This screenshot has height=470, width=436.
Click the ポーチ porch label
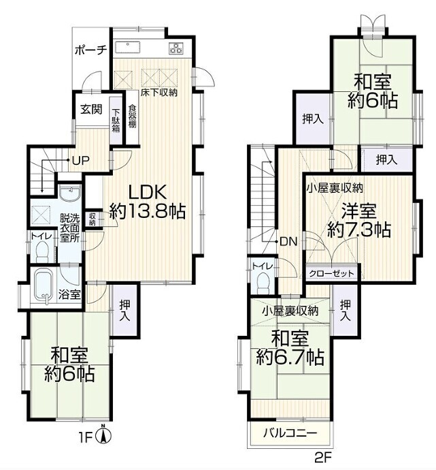coord(90,50)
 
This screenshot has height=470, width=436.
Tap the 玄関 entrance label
coord(91,110)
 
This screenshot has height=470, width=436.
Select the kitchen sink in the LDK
coord(127,48)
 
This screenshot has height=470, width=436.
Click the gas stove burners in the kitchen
coord(176,48)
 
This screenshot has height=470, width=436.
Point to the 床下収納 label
coord(159,93)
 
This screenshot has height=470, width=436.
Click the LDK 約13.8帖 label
coord(147,202)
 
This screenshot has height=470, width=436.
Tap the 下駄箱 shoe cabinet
coord(116,121)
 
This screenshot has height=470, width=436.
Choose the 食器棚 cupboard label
coord(132,116)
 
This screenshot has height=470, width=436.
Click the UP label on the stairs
coord(81,161)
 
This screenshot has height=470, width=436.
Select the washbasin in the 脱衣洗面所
coord(70,192)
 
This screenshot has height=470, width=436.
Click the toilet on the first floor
coord(42,251)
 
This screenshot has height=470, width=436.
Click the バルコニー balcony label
coord(289,433)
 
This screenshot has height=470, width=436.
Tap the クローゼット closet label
coord(331,273)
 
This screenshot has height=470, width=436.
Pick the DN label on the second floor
coord(288,242)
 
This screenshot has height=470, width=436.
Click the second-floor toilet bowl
coord(263,283)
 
